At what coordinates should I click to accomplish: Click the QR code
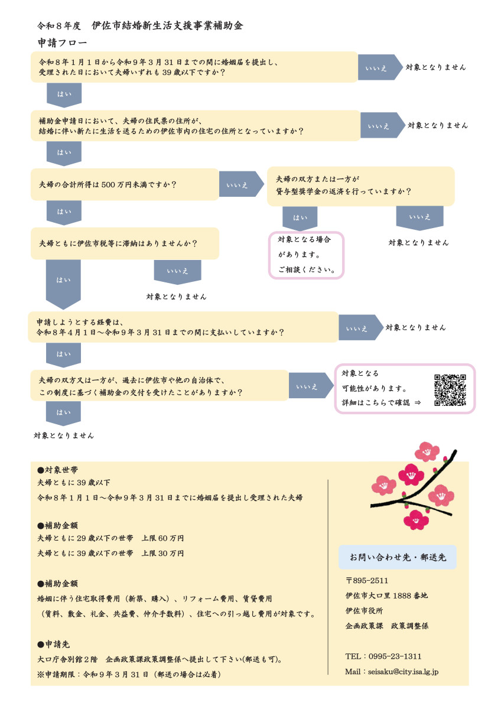[450, 390]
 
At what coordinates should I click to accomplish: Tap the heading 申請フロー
[62, 43]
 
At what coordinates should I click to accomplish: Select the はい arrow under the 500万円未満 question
[64, 212]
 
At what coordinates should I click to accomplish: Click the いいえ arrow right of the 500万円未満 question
[242, 184]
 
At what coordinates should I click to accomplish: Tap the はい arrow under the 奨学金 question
[300, 219]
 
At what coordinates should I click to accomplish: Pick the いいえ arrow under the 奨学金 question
[419, 218]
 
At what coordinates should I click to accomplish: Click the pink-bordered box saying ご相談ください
[306, 255]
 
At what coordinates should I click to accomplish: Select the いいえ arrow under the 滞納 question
[178, 271]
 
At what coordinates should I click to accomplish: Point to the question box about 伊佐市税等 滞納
[125, 243]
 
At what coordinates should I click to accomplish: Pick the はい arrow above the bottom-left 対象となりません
[64, 413]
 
